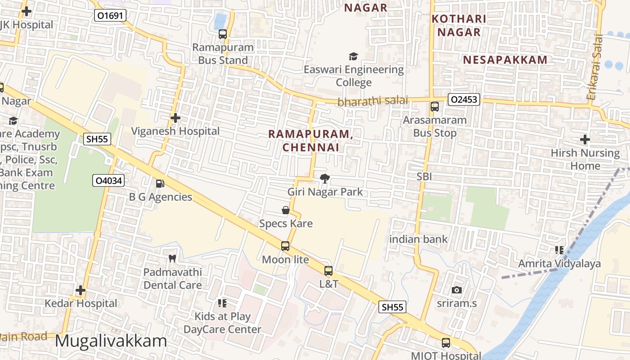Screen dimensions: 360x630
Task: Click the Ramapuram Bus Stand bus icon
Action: pyautogui.click(x=223, y=34)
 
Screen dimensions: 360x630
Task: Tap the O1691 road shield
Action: pyautogui.click(x=110, y=16)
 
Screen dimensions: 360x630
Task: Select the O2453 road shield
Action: pyautogui.click(x=463, y=99)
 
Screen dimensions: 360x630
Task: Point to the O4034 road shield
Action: pyautogui.click(x=108, y=181)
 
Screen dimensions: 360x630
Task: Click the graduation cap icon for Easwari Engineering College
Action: pyautogui.click(x=354, y=56)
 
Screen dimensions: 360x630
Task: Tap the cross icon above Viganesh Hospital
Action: pyautogui.click(x=175, y=118)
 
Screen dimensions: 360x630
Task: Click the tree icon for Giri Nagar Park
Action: pyautogui.click(x=324, y=179)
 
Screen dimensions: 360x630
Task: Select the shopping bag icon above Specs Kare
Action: pyautogui.click(x=285, y=210)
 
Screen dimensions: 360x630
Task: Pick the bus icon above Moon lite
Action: pyautogui.click(x=285, y=246)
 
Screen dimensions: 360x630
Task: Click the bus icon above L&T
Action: pyautogui.click(x=328, y=271)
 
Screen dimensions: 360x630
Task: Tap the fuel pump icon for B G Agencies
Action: pyautogui.click(x=160, y=184)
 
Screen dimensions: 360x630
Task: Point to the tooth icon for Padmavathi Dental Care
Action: pyautogui.click(x=172, y=259)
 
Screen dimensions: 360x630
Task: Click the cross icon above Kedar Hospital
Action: pyautogui.click(x=81, y=290)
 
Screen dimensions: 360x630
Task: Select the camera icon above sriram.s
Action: pyautogui.click(x=457, y=290)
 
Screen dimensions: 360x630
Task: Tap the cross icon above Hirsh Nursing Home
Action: pyautogui.click(x=585, y=139)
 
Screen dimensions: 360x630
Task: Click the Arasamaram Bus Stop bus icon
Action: pyautogui.click(x=435, y=107)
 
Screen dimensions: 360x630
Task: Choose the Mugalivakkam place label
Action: pyautogui.click(x=111, y=341)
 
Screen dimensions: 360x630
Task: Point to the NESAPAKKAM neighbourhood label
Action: pyautogui.click(x=505, y=60)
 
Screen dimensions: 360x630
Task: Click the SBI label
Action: pyautogui.click(x=424, y=177)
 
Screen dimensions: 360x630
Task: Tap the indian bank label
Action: pyautogui.click(x=418, y=239)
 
